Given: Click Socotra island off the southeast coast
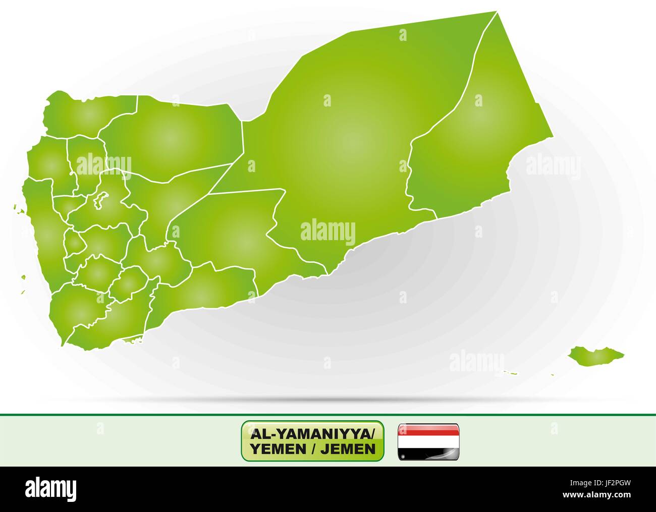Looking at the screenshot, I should [x=593, y=356].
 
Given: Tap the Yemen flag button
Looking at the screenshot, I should [x=428, y=441].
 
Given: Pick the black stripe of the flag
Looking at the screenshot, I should [x=428, y=453].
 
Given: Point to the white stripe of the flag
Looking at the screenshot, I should [x=428, y=441].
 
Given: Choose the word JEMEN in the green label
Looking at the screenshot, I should [x=351, y=448].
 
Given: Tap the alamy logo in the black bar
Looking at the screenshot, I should [x=51, y=489].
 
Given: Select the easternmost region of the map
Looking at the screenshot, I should [x=474, y=131].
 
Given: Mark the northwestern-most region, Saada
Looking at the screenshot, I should [x=88, y=113].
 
